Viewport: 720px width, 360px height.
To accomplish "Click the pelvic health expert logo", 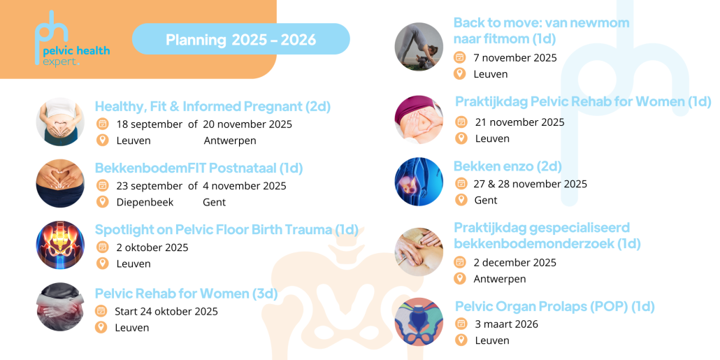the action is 72,38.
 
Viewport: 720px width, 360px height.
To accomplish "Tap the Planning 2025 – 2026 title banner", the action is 241,39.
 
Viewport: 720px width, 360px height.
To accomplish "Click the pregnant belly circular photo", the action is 60,122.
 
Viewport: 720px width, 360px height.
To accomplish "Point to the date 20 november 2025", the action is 247,124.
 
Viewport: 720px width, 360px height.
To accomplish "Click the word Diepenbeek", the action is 145,203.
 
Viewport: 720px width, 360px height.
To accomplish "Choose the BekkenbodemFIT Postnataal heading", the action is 185,168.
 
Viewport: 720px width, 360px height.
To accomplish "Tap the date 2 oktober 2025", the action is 152,247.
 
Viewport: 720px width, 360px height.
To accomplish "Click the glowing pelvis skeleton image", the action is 60,245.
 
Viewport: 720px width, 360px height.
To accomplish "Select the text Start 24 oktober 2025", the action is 166,311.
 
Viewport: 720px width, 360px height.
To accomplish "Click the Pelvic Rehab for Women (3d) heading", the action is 186,294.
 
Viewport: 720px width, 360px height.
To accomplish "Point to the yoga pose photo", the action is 419,47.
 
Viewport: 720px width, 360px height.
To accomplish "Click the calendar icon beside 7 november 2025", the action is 460,57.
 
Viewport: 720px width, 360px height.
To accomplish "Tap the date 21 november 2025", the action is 520,122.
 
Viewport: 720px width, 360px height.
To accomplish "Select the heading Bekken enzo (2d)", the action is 508,166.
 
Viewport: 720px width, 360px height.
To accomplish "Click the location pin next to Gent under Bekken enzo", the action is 461,200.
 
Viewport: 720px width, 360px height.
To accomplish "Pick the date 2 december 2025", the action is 515,263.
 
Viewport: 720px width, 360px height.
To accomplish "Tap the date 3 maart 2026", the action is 507,324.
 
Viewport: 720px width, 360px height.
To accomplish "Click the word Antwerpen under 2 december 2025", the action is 500,279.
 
